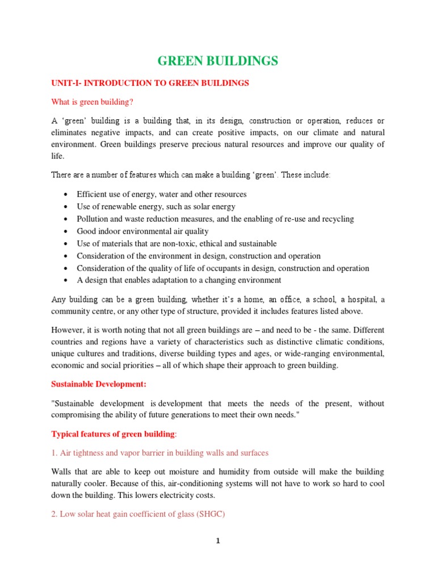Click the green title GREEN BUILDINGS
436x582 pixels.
pos(217,61)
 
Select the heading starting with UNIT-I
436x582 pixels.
pos(150,83)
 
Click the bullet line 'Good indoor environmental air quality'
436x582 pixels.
pos(142,231)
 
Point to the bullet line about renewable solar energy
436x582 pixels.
pos(156,207)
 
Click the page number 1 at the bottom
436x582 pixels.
pos(217,541)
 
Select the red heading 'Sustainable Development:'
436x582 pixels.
pos(99,384)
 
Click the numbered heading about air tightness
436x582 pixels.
pos(160,453)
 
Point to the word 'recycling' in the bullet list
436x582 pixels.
pos(336,219)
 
